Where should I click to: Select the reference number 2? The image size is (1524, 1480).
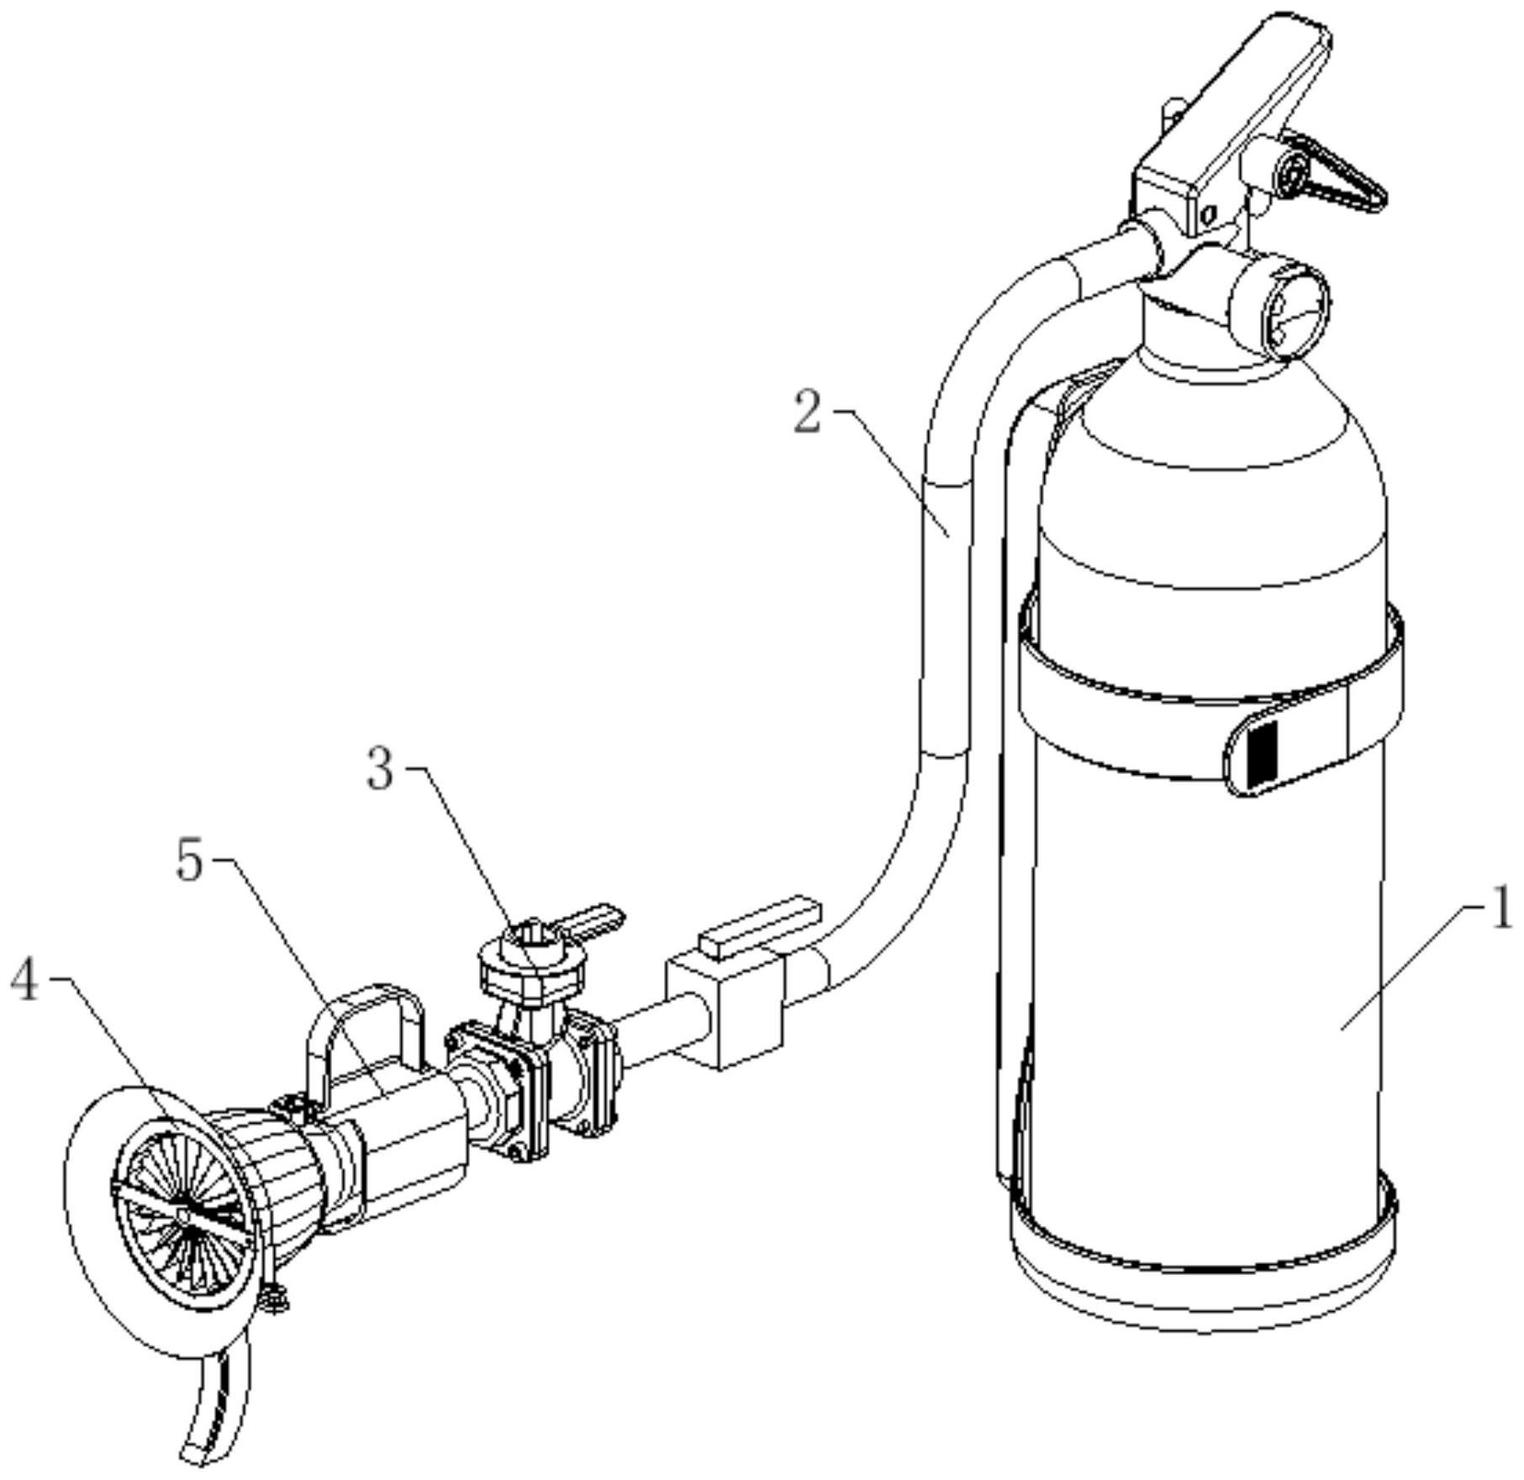pyautogui.click(x=808, y=413)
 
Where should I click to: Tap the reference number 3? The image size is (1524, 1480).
pyautogui.click(x=380, y=769)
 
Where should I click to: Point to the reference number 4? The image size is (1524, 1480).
pyautogui.click(x=25, y=981)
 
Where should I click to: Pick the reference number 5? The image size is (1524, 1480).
pyautogui.click(x=190, y=861)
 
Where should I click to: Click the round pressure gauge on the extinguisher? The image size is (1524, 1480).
pyautogui.click(x=1279, y=308)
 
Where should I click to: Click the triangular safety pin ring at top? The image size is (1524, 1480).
pyautogui.click(x=1328, y=172)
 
